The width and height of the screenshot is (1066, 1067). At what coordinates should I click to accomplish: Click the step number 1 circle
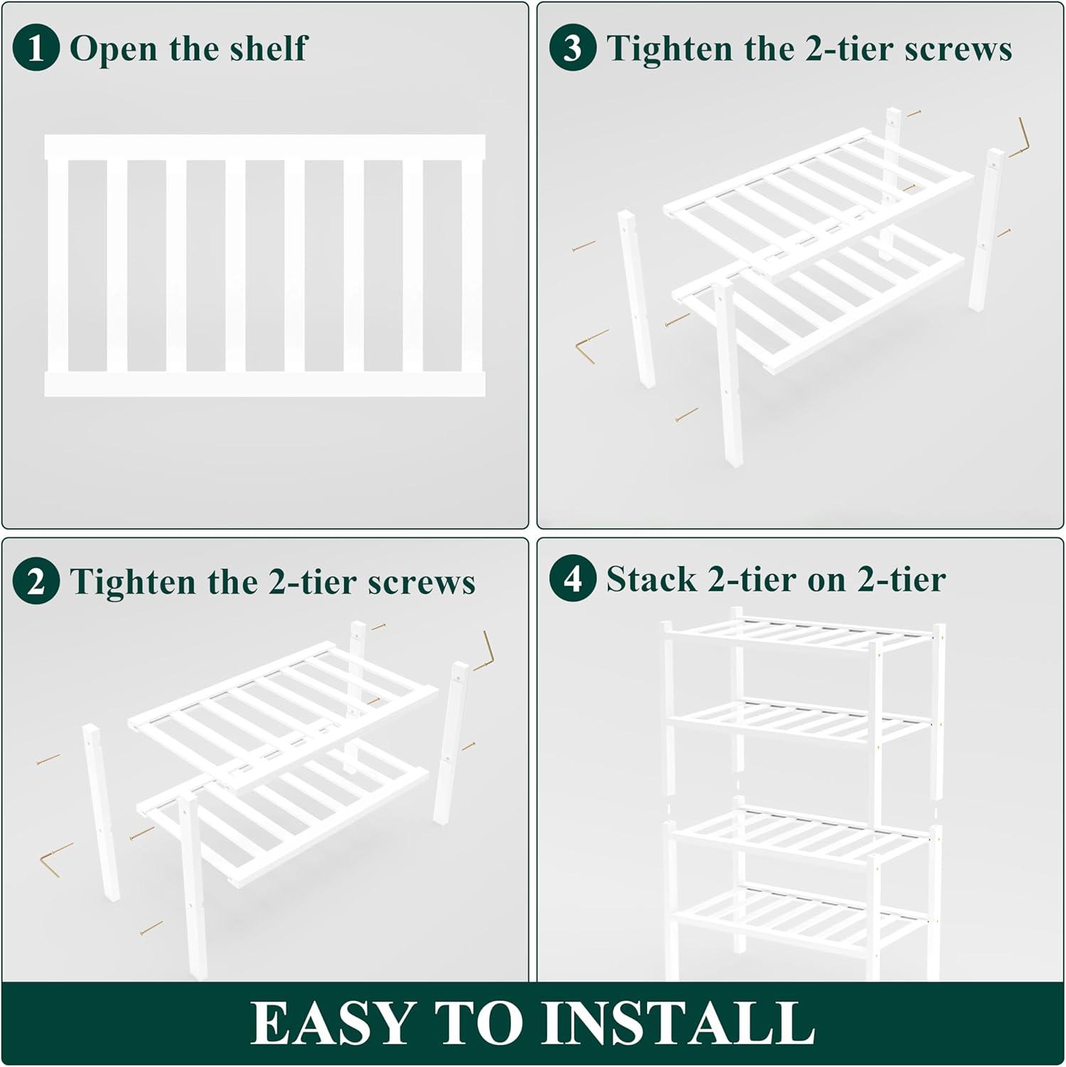[x=36, y=48]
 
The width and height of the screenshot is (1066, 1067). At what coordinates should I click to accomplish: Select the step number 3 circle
[x=572, y=48]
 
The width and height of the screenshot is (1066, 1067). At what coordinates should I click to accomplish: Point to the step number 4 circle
[x=572, y=578]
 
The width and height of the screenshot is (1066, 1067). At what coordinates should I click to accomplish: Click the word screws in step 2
[x=422, y=583]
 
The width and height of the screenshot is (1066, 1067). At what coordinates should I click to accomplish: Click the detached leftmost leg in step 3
[x=636, y=299]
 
